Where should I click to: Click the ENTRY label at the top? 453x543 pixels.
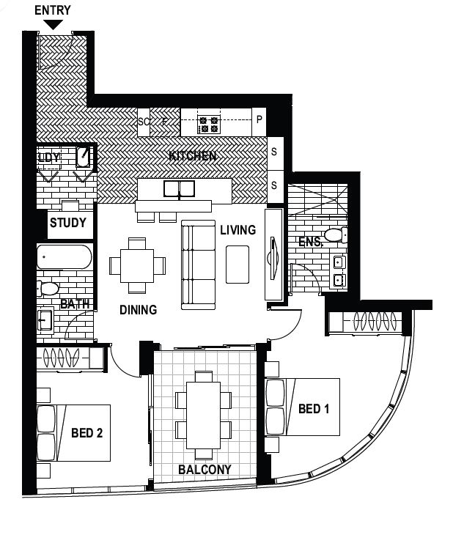pos(53,10)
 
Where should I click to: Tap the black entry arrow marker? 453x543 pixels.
pos(53,25)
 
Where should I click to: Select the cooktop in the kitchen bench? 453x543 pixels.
pos(208,125)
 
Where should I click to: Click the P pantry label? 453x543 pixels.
pos(259,119)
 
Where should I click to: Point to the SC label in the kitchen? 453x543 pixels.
pos(144,122)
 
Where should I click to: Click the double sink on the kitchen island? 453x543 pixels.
pos(179,189)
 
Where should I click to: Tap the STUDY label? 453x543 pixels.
pos(68,223)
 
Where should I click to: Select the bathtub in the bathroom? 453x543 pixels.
pos(65,257)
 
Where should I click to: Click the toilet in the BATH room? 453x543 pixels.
pos(48,289)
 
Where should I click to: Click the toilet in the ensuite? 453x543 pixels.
pos(336,235)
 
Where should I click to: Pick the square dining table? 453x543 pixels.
pos(137,265)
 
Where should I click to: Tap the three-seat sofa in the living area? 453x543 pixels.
pos(199,265)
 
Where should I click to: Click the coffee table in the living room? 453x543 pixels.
pos(237,265)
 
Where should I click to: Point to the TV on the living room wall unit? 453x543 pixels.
pos(273,258)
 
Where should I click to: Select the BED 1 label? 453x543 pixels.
pos(314,409)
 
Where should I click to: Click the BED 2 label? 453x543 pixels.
pos(87,433)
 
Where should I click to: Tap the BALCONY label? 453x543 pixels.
pos(205,470)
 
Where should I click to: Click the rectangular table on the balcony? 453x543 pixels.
pos(203,415)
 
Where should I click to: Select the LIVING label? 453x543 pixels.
pos(238,230)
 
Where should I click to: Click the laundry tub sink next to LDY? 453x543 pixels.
pos(84,157)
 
